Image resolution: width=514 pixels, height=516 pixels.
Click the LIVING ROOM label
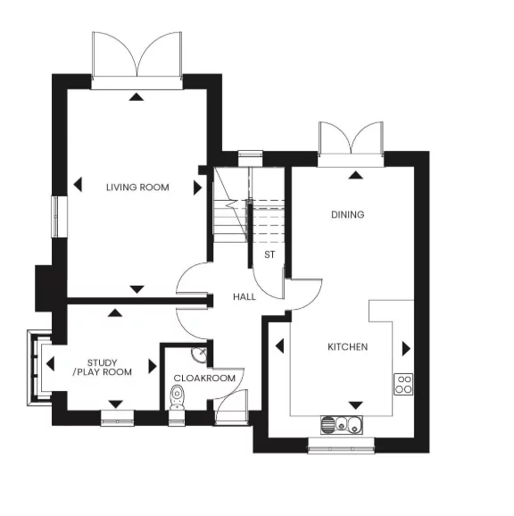[x=136, y=187]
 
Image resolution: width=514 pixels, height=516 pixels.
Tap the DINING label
[x=348, y=214]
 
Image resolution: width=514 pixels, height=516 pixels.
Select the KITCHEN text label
[x=348, y=346]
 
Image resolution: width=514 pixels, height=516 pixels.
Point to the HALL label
[x=245, y=296]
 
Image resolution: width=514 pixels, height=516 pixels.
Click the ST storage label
[x=269, y=255]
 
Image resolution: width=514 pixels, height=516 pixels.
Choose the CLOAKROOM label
[x=204, y=379]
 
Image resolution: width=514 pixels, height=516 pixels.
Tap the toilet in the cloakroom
[x=176, y=401]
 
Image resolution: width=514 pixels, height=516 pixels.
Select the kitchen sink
[x=344, y=424]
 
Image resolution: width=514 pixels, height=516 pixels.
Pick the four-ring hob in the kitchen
[x=403, y=384]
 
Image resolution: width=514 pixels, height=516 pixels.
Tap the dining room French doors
[x=352, y=138]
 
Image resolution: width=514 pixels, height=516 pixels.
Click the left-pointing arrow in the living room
[x=78, y=186]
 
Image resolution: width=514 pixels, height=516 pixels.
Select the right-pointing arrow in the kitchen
[x=406, y=347]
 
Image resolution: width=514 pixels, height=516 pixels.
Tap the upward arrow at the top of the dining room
[x=355, y=175]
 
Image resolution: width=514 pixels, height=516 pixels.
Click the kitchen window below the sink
[x=342, y=444]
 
